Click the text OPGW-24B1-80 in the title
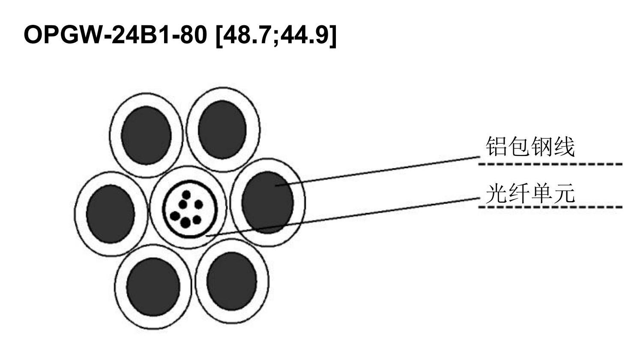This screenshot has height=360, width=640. click(x=115, y=34)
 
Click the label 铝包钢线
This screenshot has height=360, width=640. click(x=530, y=147)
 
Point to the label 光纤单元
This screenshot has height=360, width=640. click(x=530, y=194)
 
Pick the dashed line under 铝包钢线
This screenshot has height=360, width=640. click(x=550, y=164)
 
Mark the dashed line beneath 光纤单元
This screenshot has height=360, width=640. click(x=550, y=207)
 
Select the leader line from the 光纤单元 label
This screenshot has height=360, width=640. click(x=343, y=217)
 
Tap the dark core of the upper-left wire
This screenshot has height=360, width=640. click(x=146, y=135)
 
